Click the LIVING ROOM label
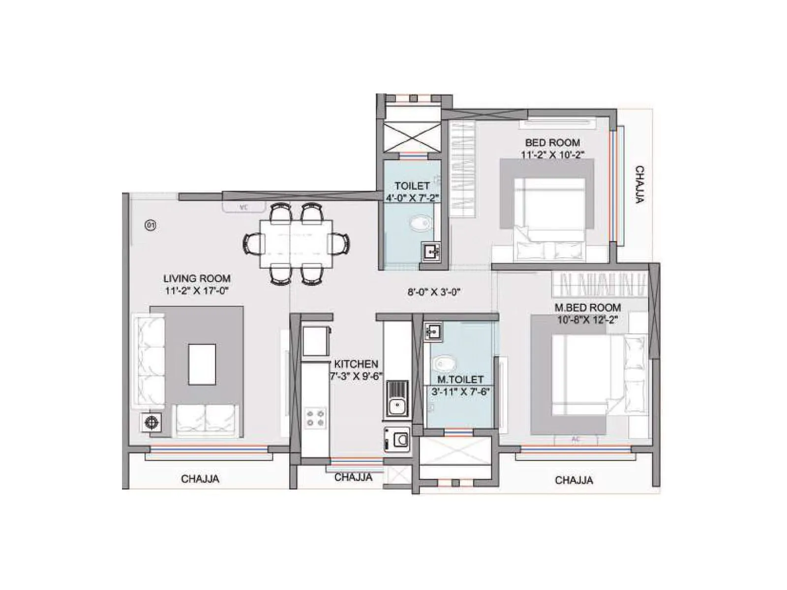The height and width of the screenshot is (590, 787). click(197, 278)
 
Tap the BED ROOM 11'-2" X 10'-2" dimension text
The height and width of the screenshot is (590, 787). click(552, 154)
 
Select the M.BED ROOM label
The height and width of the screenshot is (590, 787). click(587, 308)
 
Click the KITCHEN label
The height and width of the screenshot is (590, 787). click(356, 364)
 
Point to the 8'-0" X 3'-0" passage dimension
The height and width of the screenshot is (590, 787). click(434, 292)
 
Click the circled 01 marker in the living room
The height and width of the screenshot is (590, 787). click(151, 226)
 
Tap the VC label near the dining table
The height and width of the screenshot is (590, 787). click(243, 207)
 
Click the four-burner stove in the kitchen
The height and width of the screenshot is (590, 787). click(315, 417)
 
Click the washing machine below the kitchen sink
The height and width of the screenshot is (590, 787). click(397, 439)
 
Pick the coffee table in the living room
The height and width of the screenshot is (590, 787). click(202, 364)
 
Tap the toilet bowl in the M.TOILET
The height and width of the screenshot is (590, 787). click(444, 364)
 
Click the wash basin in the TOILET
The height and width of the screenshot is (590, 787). click(431, 251)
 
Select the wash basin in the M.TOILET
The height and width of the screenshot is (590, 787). click(433, 332)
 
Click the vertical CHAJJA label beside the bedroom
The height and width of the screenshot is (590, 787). click(639, 184)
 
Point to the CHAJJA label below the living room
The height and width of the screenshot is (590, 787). click(200, 479)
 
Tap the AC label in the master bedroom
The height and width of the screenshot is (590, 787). click(575, 439)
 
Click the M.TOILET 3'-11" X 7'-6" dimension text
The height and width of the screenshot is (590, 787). click(460, 392)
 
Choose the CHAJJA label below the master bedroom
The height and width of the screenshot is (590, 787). click(574, 480)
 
